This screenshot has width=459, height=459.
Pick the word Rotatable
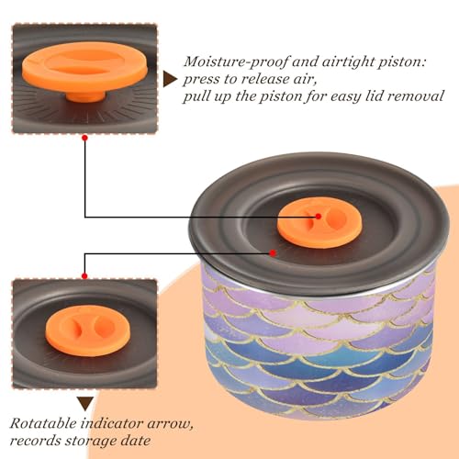[x=43, y=424]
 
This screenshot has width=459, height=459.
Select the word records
[x=35, y=441]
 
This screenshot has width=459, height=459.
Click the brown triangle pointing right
[x=170, y=79]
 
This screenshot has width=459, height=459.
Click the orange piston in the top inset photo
[x=84, y=68]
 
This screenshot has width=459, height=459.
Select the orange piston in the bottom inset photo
[x=88, y=330]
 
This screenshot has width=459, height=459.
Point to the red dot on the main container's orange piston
[x=319, y=217]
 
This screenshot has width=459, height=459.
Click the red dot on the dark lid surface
[x=273, y=253]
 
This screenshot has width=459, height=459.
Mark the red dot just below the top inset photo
[x=84, y=138]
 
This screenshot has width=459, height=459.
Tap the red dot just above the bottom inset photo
[x=84, y=276]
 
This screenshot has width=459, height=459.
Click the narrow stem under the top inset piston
[x=85, y=97]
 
